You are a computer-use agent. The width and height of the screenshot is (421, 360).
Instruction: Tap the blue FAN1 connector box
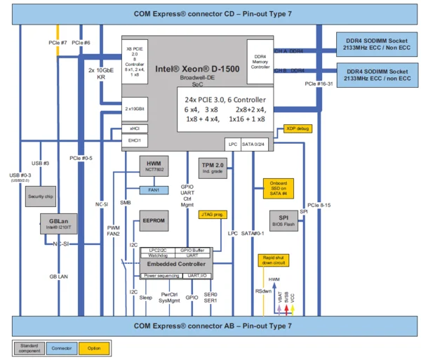click(x=154, y=189)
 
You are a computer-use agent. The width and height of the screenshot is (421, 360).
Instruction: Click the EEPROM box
click(x=154, y=219)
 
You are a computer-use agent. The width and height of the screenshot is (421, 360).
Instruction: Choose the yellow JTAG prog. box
click(x=213, y=214)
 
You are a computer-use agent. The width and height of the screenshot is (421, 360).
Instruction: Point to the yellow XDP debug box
click(x=298, y=128)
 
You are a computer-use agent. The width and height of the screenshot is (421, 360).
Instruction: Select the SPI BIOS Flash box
click(x=284, y=220)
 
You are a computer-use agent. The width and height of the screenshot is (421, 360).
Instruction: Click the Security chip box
click(x=41, y=196)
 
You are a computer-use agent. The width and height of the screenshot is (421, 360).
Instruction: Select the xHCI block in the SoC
click(x=134, y=128)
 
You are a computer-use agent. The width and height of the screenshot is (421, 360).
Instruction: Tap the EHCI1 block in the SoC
click(x=134, y=140)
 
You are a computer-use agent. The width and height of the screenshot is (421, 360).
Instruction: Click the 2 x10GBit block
click(x=134, y=109)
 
